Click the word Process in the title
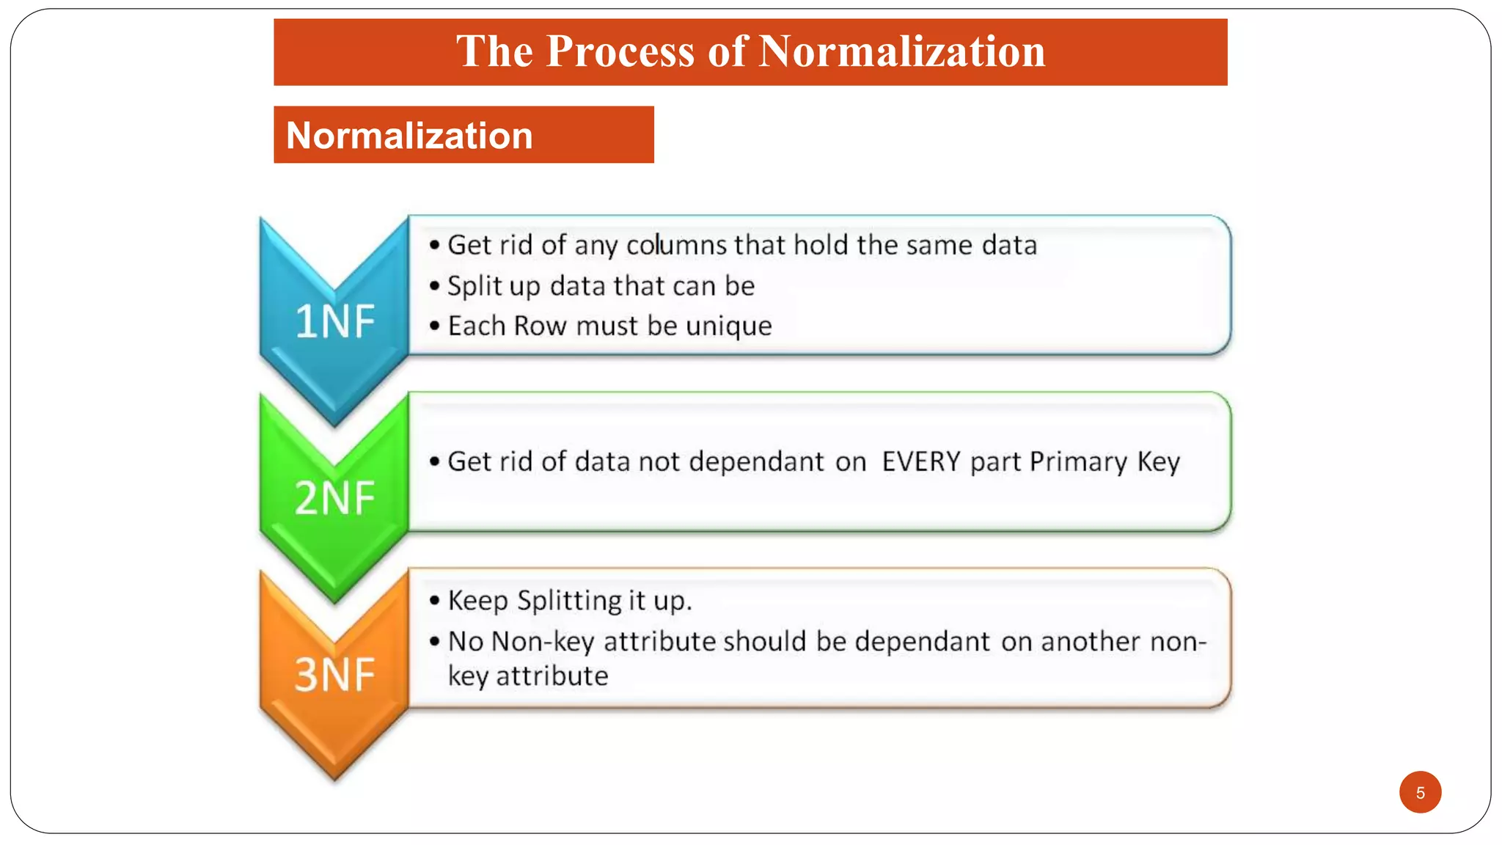620,51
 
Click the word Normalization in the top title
901,51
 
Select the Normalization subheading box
463,135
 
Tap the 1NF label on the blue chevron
334,321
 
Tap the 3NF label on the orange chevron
334,674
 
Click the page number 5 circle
1420,792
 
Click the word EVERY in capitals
920,462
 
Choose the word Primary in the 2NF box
1077,462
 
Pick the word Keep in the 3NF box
478,601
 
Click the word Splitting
569,601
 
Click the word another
1091,642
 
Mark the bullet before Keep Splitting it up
435,601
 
